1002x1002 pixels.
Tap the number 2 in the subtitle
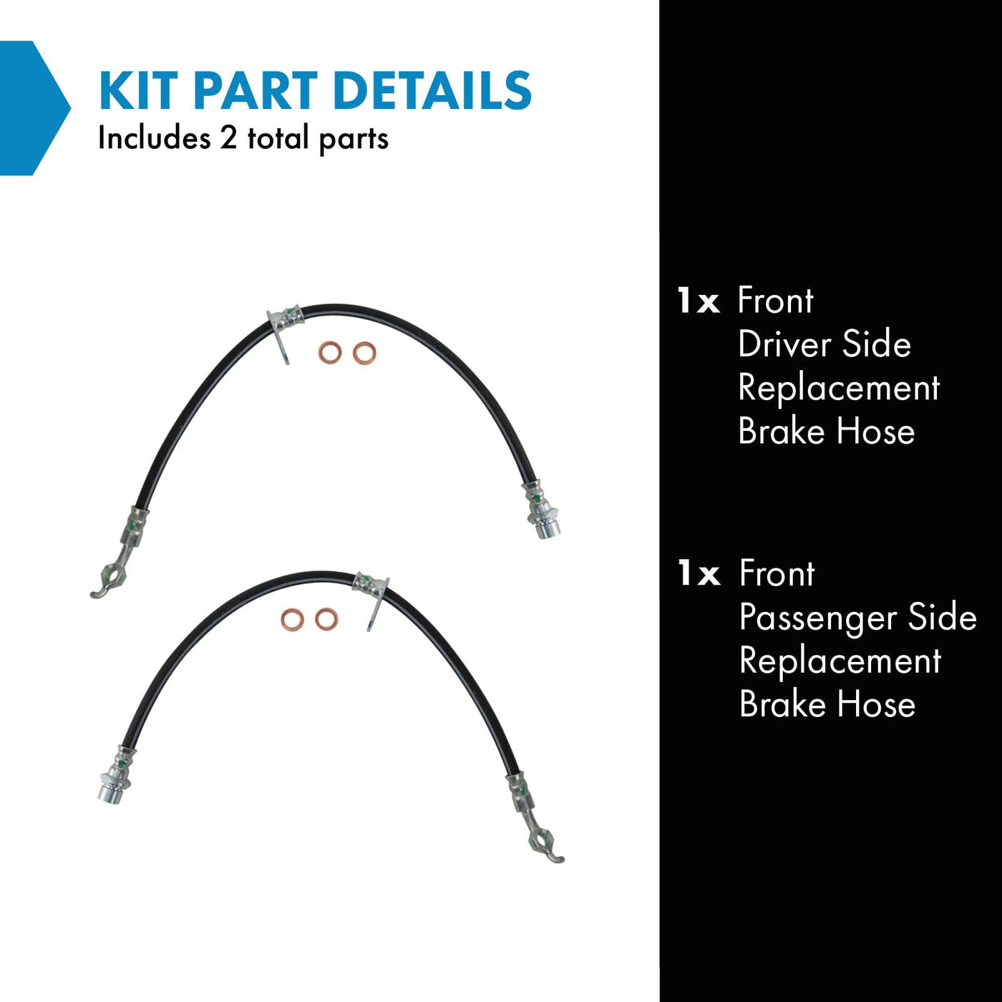[x=228, y=138]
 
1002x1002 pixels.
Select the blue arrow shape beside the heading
[x=34, y=108]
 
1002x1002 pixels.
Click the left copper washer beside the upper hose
[x=330, y=353]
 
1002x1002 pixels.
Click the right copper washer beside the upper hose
[x=364, y=353]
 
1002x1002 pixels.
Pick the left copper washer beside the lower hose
[x=293, y=620]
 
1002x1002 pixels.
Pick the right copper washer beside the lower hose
[x=326, y=620]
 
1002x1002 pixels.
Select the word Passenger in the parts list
[x=818, y=618]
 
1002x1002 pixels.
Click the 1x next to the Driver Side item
[x=699, y=301]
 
